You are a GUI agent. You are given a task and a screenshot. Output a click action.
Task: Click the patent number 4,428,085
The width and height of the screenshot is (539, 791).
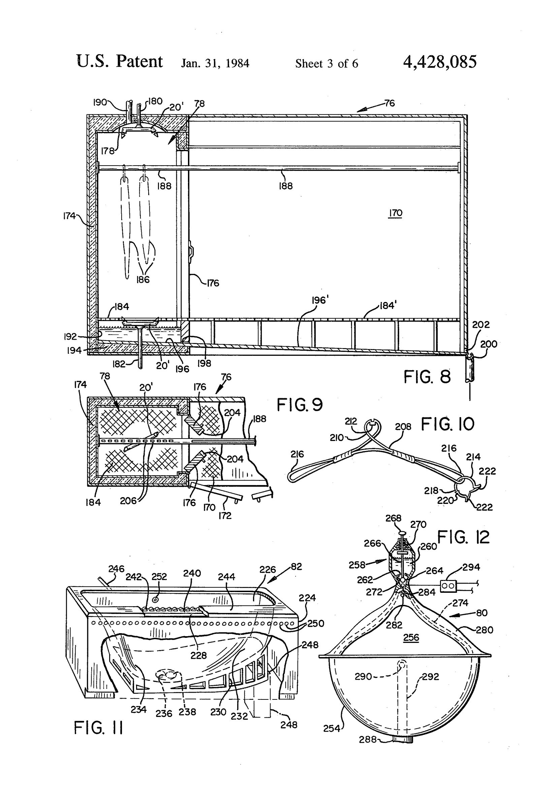pos(440,62)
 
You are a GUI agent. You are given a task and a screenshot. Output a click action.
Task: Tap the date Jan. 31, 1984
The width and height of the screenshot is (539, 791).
pos(215,63)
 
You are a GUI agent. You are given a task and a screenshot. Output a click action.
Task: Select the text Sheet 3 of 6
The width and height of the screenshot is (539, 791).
pos(326,63)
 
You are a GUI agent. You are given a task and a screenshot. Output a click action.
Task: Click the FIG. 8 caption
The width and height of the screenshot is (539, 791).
pos(427,377)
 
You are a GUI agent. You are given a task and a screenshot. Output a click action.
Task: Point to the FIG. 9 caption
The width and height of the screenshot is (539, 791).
pos(299,405)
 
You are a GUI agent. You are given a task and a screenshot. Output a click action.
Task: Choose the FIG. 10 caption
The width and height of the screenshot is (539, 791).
pos(447,424)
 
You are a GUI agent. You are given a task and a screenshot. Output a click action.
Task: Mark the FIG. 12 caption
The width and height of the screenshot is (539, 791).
pos(463,537)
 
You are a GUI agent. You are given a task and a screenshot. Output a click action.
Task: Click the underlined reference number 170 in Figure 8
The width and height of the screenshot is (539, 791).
pos(395,213)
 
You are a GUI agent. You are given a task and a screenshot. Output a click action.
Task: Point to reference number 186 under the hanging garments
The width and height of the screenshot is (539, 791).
pos(143,279)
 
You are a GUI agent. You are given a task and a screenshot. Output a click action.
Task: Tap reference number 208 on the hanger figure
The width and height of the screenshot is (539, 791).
pos(403,426)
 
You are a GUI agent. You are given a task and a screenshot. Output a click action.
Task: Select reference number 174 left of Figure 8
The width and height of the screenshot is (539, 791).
pos(69,216)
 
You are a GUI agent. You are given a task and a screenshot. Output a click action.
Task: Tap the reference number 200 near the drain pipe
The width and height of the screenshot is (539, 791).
pos(488,344)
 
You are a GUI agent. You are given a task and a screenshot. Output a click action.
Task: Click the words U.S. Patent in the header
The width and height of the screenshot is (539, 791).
pos(120,62)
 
